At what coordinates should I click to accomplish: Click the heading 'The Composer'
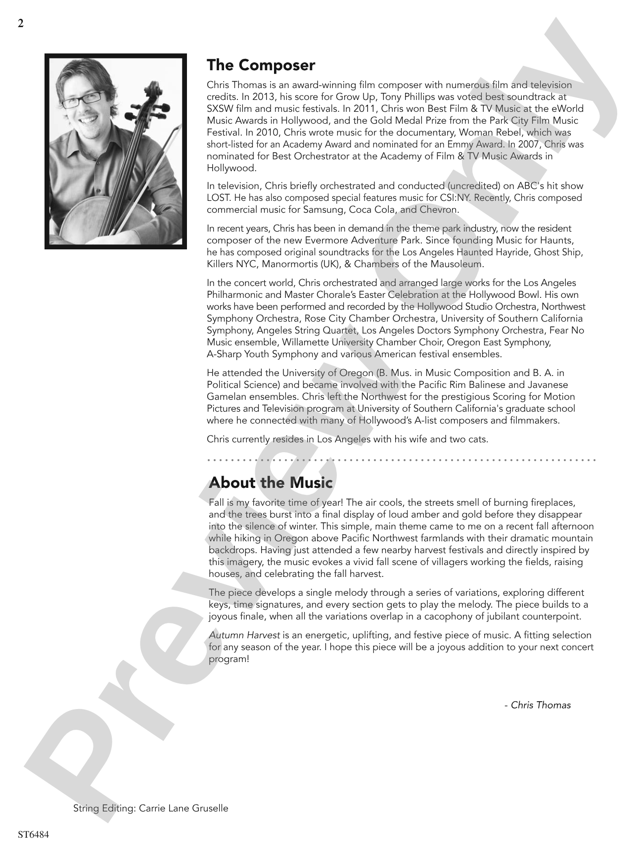coord(261,65)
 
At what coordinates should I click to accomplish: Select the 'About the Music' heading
coord(271,482)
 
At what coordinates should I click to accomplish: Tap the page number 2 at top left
coord(20,24)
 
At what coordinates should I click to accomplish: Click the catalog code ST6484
coord(33,835)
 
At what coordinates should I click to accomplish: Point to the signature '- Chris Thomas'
coord(537,705)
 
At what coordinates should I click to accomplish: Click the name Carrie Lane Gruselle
coord(183,808)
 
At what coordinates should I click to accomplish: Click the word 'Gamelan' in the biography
coord(223,397)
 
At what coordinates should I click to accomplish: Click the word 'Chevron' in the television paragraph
coord(440,210)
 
